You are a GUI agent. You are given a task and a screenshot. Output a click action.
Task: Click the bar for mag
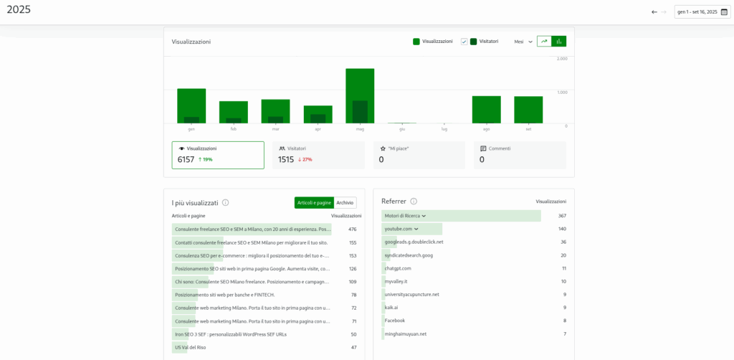pos(360,96)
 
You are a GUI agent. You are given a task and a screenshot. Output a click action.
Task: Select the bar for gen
pos(191,106)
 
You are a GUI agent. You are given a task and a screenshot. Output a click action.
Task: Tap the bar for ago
pos(486,110)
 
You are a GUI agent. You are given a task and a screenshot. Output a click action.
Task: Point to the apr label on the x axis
pos(318,129)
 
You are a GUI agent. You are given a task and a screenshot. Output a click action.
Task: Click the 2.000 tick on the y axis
pos(562,59)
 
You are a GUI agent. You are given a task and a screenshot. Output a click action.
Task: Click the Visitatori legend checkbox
pos(464,42)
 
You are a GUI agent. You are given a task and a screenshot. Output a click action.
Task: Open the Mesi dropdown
pos(523,42)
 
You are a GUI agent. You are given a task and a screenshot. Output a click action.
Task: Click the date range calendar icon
pos(724,11)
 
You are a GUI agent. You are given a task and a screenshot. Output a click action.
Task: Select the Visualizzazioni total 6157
pos(186,159)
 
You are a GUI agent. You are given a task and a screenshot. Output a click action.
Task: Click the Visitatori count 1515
pos(286,159)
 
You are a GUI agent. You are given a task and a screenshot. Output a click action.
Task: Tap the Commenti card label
pos(500,148)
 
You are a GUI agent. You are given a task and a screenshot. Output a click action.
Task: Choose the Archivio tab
pos(345,203)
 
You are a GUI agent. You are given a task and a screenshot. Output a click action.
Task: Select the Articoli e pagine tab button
pos(314,203)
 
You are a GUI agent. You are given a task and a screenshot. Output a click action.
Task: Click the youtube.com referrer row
pos(399,229)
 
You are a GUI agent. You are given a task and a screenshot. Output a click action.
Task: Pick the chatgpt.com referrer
pos(398,268)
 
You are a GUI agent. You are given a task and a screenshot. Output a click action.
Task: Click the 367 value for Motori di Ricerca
pos(562,216)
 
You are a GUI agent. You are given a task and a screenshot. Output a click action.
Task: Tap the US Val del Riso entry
pos(190,347)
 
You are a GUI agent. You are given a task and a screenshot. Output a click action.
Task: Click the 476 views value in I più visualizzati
pos(352,229)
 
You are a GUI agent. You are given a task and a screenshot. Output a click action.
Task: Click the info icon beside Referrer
pos(414,202)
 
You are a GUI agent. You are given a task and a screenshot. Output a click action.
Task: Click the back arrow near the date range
pos(654,11)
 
